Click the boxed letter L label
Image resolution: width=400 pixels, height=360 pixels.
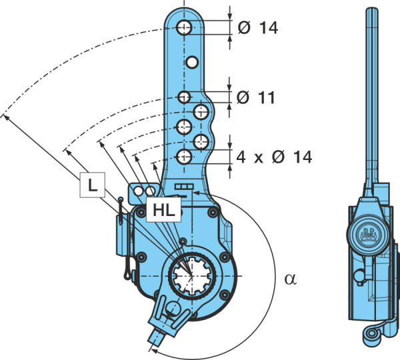point(93,185)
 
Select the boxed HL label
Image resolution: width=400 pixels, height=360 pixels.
point(163,209)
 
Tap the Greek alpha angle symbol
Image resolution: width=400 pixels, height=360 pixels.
point(291,279)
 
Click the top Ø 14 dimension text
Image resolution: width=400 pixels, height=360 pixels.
point(257,27)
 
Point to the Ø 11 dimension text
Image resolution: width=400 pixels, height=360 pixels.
point(256,97)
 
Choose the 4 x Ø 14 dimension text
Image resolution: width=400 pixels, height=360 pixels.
point(274,157)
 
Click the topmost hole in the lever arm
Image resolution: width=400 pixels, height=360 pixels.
point(184,27)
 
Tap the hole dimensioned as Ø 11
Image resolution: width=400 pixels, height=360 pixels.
point(184,97)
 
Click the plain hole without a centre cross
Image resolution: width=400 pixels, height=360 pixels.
point(192,62)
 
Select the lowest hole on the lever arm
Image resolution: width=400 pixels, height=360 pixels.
point(184,157)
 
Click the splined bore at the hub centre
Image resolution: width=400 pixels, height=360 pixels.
point(191,275)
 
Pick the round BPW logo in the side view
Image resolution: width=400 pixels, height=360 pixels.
point(369,234)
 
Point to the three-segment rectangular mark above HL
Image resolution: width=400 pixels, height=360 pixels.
point(184,187)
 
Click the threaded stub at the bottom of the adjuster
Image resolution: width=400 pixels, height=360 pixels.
point(157,337)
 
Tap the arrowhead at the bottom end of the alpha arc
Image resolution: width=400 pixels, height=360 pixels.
point(154,351)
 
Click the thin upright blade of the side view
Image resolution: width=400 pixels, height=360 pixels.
point(372,96)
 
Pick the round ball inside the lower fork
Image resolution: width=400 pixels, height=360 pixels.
point(173,307)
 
